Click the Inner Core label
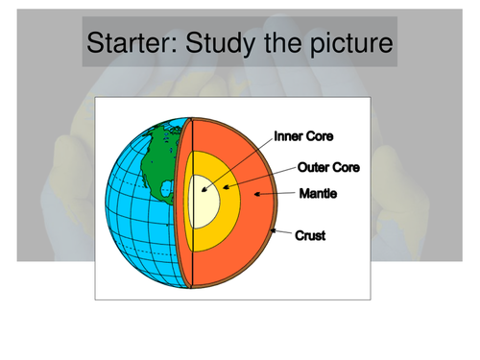click(x=306, y=136)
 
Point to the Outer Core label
click(x=328, y=167)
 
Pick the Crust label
click(x=311, y=233)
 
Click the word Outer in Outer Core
click(x=313, y=167)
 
